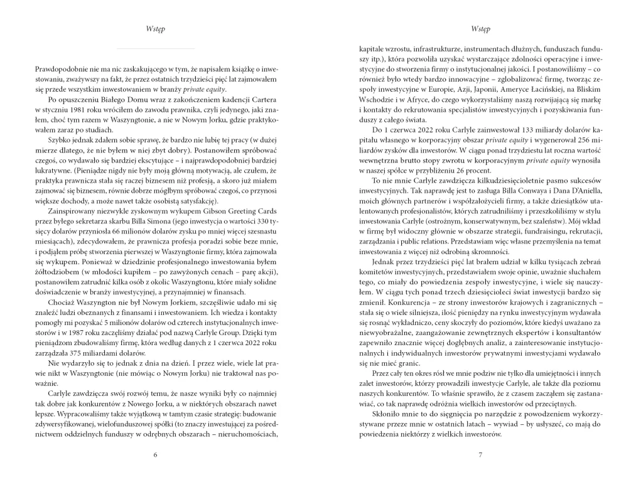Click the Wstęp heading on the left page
[156, 29]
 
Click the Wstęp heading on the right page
[480, 29]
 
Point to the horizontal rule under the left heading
[156, 48]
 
